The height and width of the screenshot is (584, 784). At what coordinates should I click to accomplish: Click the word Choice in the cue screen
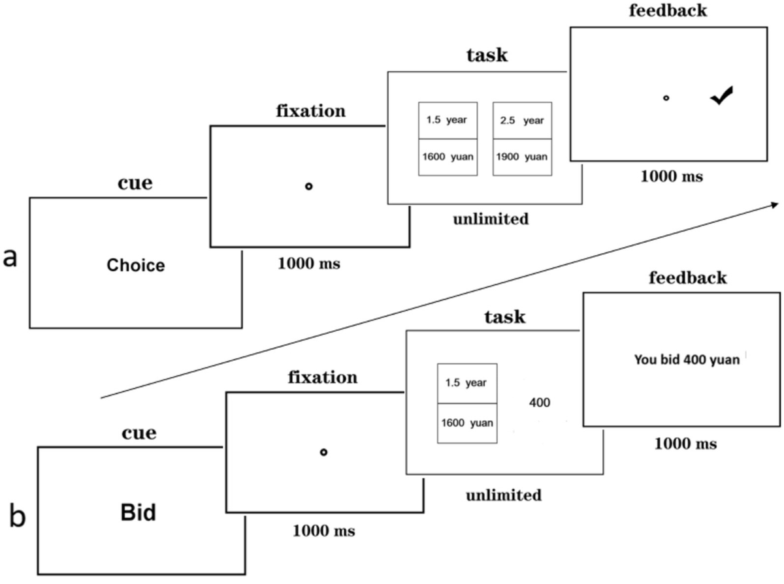[136, 266]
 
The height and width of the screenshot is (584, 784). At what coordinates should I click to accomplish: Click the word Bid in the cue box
[139, 513]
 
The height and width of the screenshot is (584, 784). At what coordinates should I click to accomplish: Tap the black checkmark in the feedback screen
[722, 96]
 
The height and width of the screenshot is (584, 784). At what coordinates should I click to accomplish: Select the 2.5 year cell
[521, 120]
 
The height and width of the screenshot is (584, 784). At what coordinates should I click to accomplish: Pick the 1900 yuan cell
[521, 157]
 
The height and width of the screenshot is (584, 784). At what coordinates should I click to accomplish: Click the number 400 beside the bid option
[540, 403]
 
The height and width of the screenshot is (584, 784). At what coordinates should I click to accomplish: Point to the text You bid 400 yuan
[687, 359]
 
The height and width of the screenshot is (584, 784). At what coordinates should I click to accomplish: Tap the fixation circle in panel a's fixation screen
[309, 187]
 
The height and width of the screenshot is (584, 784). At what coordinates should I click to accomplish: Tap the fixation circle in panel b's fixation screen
[323, 452]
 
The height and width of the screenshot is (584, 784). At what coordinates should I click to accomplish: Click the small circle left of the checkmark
[666, 98]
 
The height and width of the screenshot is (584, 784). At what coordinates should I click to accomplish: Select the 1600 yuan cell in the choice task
[448, 157]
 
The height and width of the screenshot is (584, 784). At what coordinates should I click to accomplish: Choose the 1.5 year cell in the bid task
[466, 383]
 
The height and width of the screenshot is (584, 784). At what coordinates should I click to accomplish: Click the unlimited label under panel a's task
[490, 219]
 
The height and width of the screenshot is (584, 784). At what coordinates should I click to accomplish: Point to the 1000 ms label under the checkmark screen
[671, 176]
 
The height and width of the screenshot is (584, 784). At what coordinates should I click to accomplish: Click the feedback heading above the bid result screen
[687, 278]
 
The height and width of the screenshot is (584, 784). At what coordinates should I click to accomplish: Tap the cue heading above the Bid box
[139, 433]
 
